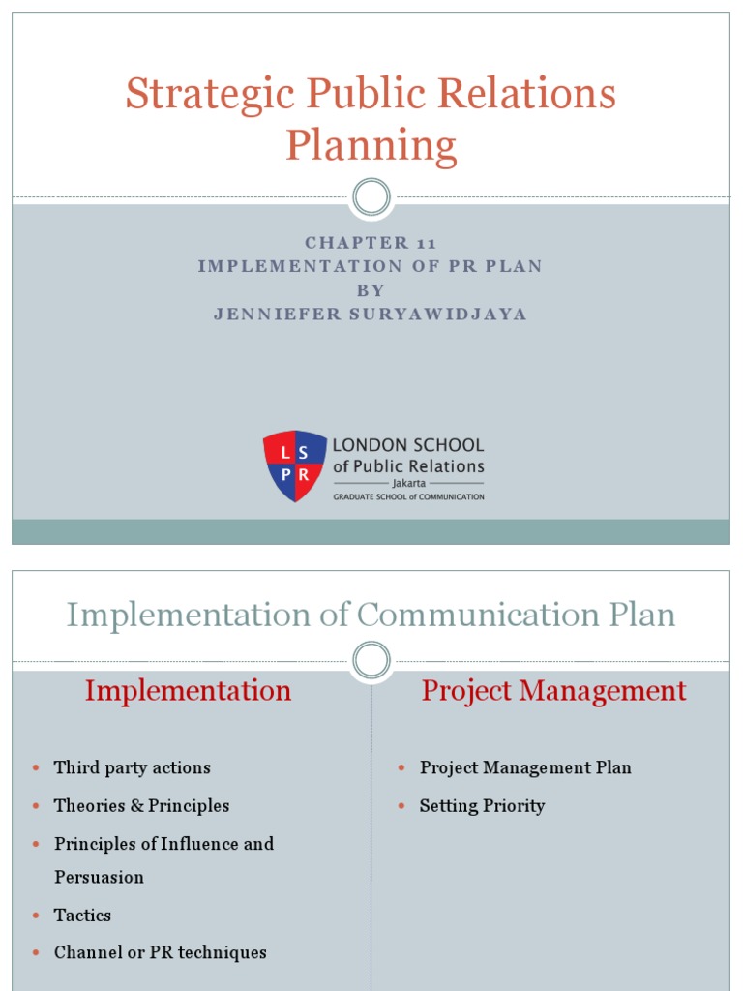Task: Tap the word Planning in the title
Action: [371, 147]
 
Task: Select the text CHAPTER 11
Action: [371, 243]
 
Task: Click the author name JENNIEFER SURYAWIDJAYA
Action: [371, 315]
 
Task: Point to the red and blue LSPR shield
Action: [295, 466]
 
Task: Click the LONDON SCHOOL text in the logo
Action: [407, 446]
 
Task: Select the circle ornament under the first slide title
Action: [371, 197]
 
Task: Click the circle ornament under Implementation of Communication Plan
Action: [371, 661]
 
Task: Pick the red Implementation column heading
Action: [188, 691]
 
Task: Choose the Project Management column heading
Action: [553, 691]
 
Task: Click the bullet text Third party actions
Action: [132, 767]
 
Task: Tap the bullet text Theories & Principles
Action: [141, 805]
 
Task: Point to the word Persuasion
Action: [99, 877]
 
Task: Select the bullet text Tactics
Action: [82, 915]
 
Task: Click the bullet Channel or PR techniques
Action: [160, 952]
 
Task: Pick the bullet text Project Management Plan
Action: [525, 767]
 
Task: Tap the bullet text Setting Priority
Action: [482, 805]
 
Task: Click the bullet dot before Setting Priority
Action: [402, 806]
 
